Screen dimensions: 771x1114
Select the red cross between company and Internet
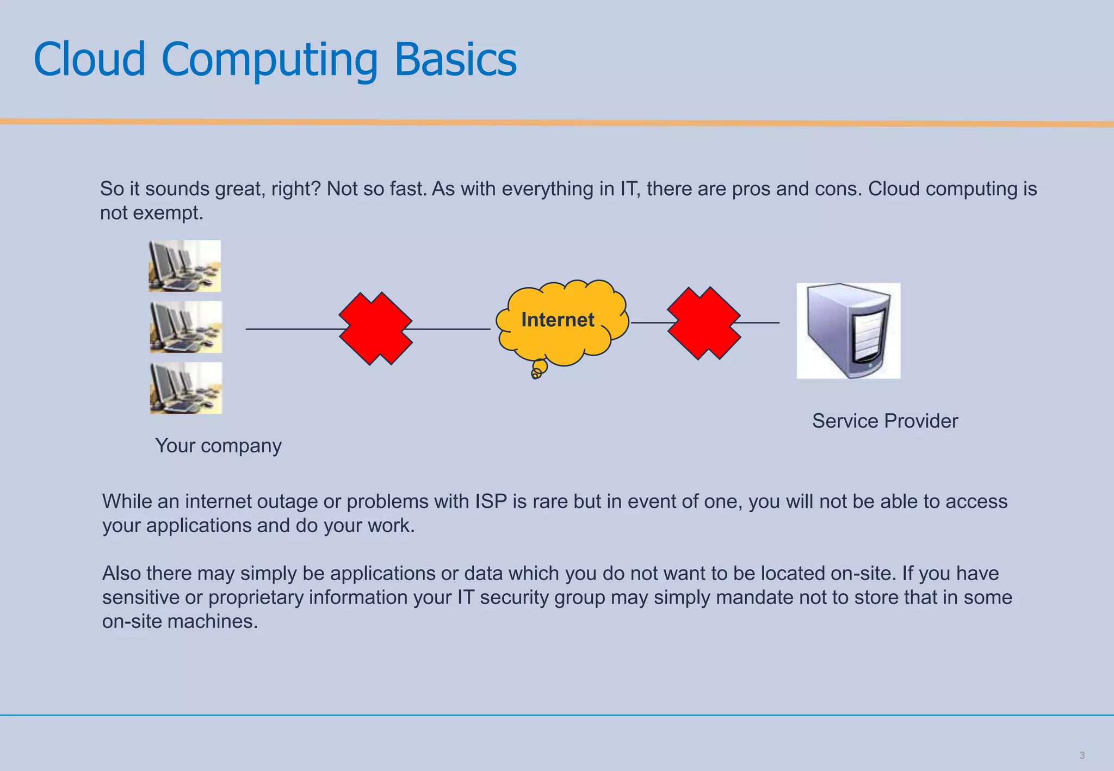(x=375, y=328)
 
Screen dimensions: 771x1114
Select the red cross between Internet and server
(x=704, y=323)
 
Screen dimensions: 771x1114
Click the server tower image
(x=848, y=331)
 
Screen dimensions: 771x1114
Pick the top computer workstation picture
(x=185, y=266)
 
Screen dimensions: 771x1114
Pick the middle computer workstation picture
(x=186, y=327)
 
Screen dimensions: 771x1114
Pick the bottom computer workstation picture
(x=186, y=388)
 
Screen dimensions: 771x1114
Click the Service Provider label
(x=884, y=421)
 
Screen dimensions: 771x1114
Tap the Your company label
(x=218, y=445)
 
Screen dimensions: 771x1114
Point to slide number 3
(x=1081, y=755)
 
